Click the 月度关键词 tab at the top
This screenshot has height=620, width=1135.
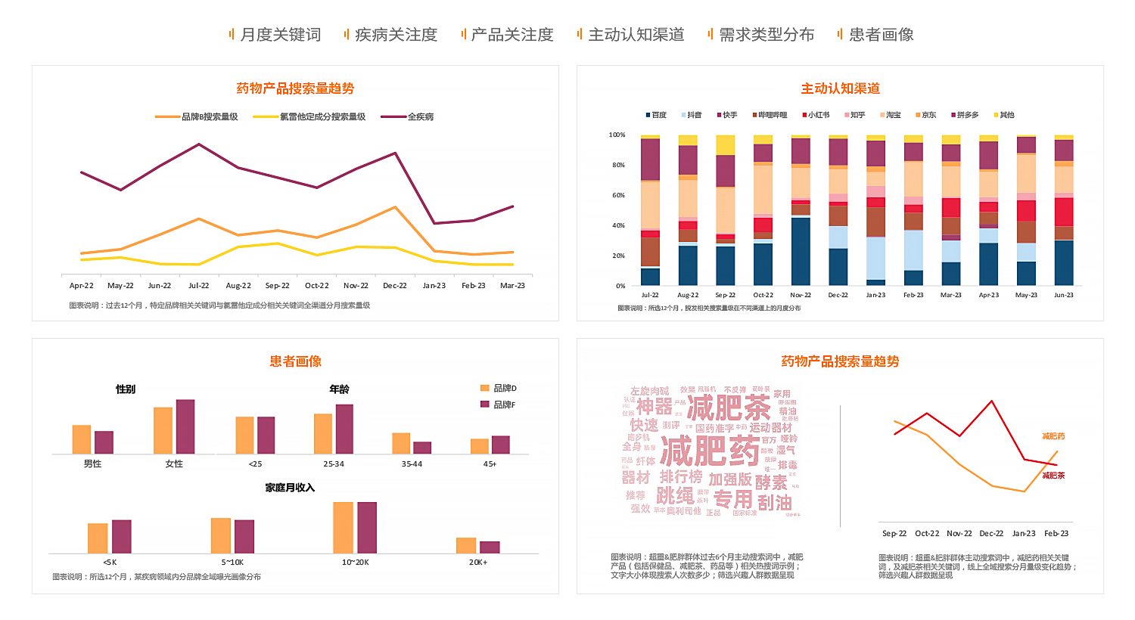280,35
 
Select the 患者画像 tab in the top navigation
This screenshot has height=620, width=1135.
881,35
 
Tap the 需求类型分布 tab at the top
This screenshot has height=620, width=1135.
766,35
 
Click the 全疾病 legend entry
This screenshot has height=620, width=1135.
420,117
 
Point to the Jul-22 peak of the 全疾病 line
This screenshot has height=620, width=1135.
199,144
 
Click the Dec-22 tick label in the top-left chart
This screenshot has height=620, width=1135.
395,286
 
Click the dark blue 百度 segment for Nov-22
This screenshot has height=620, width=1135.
801,251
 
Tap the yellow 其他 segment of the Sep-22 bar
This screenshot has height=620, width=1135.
726,145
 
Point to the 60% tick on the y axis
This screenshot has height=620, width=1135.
617,195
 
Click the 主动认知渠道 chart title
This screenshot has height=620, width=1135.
840,88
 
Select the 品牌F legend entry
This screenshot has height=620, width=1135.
504,405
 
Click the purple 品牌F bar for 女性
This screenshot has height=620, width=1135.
185,426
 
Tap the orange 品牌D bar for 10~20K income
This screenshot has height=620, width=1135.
343,527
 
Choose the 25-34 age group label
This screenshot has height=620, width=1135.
334,463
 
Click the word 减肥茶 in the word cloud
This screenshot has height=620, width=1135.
728,408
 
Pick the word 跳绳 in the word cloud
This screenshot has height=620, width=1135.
675,496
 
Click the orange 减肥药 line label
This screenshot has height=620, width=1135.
1053,436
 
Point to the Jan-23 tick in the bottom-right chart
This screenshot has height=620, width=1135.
1024,533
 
